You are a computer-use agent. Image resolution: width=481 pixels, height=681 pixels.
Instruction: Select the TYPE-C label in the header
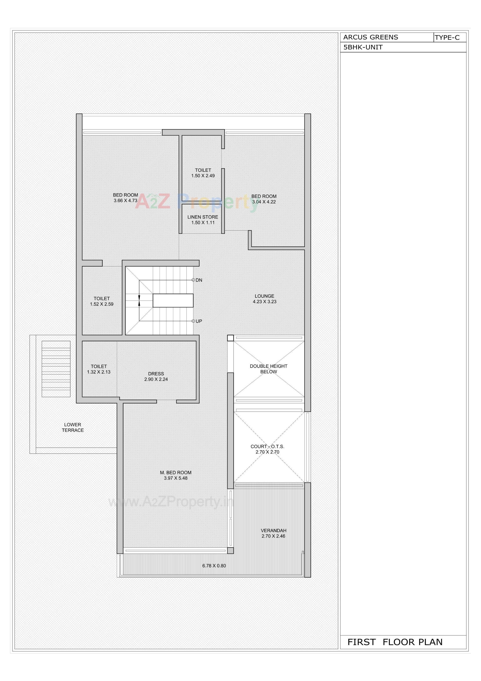[447, 38]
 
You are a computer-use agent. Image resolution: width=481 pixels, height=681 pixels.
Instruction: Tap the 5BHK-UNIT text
[363, 47]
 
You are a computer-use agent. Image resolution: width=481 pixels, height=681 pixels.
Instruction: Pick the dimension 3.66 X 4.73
[126, 201]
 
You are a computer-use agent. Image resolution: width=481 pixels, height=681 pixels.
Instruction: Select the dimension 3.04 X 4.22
[264, 202]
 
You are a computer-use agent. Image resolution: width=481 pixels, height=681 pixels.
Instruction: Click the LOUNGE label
[264, 296]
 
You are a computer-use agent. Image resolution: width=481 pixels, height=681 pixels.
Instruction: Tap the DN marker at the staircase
[199, 280]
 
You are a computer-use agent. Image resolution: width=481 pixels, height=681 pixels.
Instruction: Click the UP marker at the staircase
[199, 321]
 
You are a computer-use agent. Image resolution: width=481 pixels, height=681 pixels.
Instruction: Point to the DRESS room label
[156, 374]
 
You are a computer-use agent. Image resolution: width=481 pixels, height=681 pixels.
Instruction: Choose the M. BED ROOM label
[176, 472]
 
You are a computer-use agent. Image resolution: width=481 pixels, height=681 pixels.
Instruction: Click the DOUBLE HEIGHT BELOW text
[268, 369]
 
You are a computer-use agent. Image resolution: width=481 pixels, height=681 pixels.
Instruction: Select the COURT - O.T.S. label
[267, 446]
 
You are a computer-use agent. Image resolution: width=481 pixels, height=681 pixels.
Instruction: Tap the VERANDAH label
[273, 531]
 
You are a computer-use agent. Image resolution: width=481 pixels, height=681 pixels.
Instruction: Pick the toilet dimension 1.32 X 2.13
[99, 372]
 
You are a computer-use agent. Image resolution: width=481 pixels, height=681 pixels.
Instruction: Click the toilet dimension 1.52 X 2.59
[102, 304]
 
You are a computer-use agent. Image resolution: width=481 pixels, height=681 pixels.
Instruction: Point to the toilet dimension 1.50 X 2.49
[203, 176]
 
